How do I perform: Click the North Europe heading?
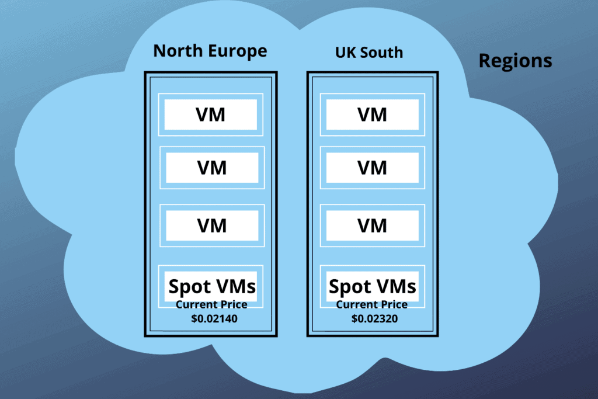click(x=210, y=51)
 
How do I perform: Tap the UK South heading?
click(x=368, y=53)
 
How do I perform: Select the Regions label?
click(x=515, y=61)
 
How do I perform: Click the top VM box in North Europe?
click(x=211, y=115)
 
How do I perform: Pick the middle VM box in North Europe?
click(x=212, y=168)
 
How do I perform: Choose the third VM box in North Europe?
click(x=212, y=225)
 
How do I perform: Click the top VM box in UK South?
click(x=372, y=115)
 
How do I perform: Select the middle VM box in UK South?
click(x=372, y=168)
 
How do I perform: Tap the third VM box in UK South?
click(x=372, y=225)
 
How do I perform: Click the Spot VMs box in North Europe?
click(x=212, y=286)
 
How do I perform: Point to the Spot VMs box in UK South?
click(x=372, y=286)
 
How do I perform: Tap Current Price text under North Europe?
click(x=211, y=305)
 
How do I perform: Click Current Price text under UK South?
click(x=371, y=305)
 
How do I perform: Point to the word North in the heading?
click(x=178, y=51)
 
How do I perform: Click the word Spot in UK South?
click(x=350, y=287)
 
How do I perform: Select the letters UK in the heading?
click(x=345, y=53)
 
